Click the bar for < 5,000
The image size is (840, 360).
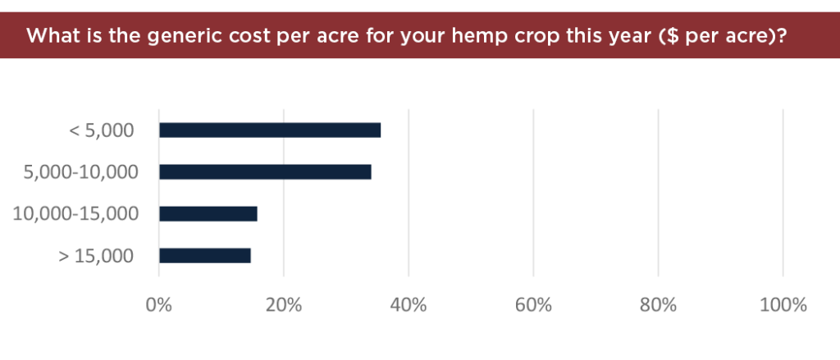(x=270, y=130)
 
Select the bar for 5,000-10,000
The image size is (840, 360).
(x=265, y=172)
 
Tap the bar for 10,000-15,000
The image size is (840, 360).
(x=208, y=214)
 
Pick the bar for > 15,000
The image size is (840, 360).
(x=205, y=256)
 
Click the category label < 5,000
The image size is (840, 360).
(x=102, y=130)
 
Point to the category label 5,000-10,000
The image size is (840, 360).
(x=81, y=172)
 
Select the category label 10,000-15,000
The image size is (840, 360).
(x=75, y=214)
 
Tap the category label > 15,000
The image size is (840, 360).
(x=96, y=256)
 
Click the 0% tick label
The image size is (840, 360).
(x=159, y=305)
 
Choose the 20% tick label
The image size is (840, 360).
(x=284, y=305)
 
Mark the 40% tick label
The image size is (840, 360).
(x=409, y=305)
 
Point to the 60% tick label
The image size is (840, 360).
(x=533, y=305)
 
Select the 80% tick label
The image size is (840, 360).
(x=659, y=305)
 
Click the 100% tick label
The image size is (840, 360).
(x=783, y=305)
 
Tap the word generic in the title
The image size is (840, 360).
(x=180, y=38)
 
